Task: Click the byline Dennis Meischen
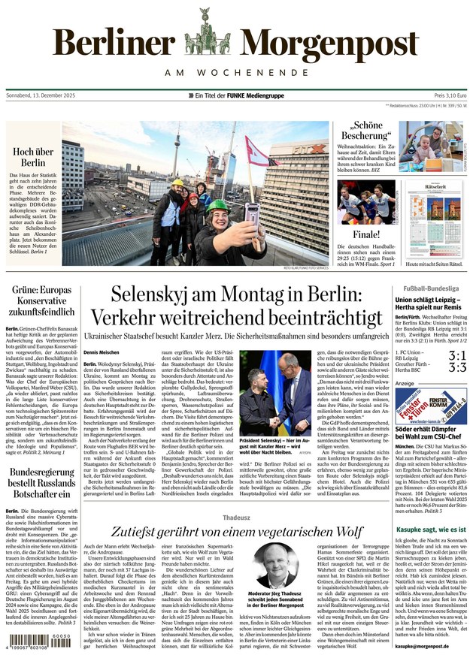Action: (x=102, y=352)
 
